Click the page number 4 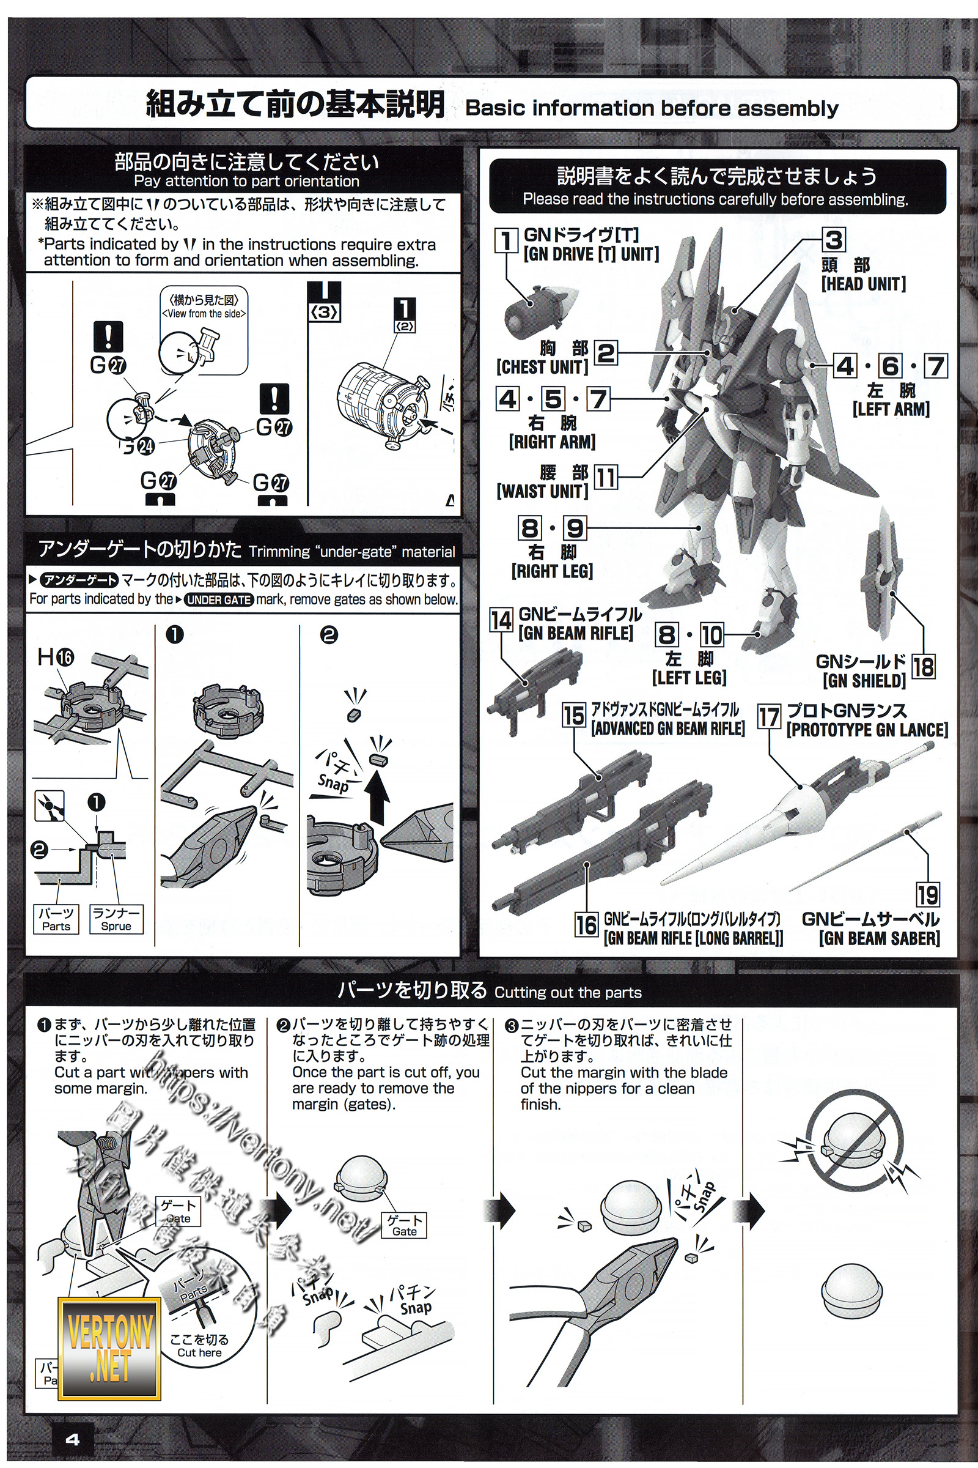click(x=72, y=1439)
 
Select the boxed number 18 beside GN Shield click(x=923, y=667)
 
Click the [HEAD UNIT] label click(x=863, y=284)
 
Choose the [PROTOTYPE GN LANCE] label click(x=867, y=730)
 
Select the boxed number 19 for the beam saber click(x=927, y=894)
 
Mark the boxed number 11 click(x=605, y=478)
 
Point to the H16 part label click(x=56, y=657)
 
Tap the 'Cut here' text click(x=200, y=1352)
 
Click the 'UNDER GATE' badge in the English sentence click(x=219, y=600)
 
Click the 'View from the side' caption click(x=204, y=314)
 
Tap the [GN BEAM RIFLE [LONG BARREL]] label click(x=693, y=938)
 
